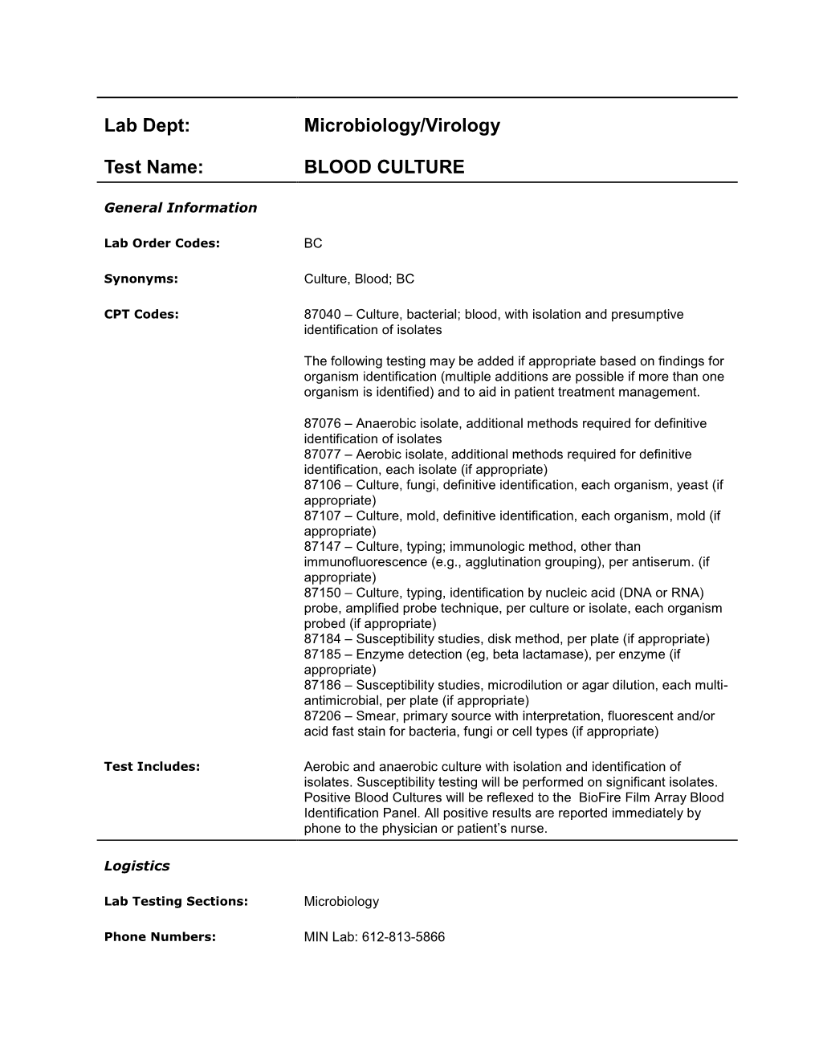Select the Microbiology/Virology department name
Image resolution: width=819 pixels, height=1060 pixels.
tap(401, 126)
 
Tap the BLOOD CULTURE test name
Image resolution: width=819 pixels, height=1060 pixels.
tap(384, 167)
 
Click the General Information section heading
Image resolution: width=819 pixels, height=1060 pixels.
tap(181, 208)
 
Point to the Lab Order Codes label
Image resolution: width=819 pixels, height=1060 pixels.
tap(161, 243)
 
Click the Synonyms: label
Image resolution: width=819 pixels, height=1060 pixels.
tap(141, 279)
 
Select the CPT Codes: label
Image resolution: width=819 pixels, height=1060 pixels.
tap(141, 314)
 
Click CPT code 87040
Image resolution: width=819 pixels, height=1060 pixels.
tap(320, 315)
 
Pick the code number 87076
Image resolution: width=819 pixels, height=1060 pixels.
tap(320, 423)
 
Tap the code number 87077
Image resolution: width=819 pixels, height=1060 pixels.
tap(320, 455)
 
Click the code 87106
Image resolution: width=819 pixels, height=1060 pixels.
tap(320, 485)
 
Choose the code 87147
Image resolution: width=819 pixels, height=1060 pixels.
tap(320, 547)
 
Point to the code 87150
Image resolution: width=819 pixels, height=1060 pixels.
tap(320, 593)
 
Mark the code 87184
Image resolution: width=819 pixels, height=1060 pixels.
tap(320, 639)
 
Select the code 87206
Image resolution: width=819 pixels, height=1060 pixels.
tap(320, 716)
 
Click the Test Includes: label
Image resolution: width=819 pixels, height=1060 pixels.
tap(152, 767)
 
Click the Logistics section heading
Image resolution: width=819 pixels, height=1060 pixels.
tap(136, 866)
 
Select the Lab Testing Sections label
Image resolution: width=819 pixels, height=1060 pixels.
tap(176, 902)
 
